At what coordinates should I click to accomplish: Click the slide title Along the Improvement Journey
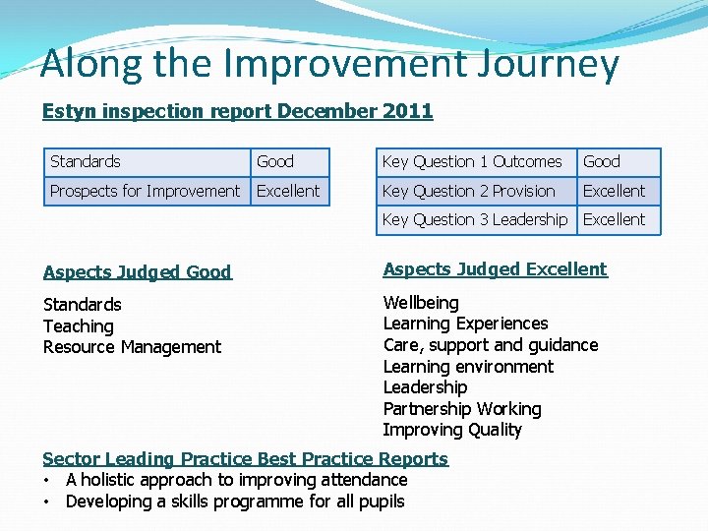tap(329, 64)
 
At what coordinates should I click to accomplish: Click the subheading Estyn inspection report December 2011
tap(237, 111)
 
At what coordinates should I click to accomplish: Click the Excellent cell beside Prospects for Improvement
tap(288, 191)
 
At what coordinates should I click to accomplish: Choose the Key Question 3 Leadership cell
tap(474, 219)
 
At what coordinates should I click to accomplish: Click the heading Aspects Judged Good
tap(137, 272)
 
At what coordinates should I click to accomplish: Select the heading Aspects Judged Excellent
tap(495, 269)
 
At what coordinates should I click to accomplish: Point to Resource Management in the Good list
tap(132, 347)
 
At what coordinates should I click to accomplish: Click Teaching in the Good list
tap(79, 326)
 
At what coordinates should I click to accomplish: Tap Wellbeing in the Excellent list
tap(421, 303)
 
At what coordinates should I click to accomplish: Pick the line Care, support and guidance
tap(490, 345)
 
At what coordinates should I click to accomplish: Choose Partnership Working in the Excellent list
tap(462, 409)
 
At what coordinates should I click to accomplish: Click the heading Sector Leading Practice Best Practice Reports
tap(245, 459)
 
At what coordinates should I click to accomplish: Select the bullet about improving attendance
tap(236, 480)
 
